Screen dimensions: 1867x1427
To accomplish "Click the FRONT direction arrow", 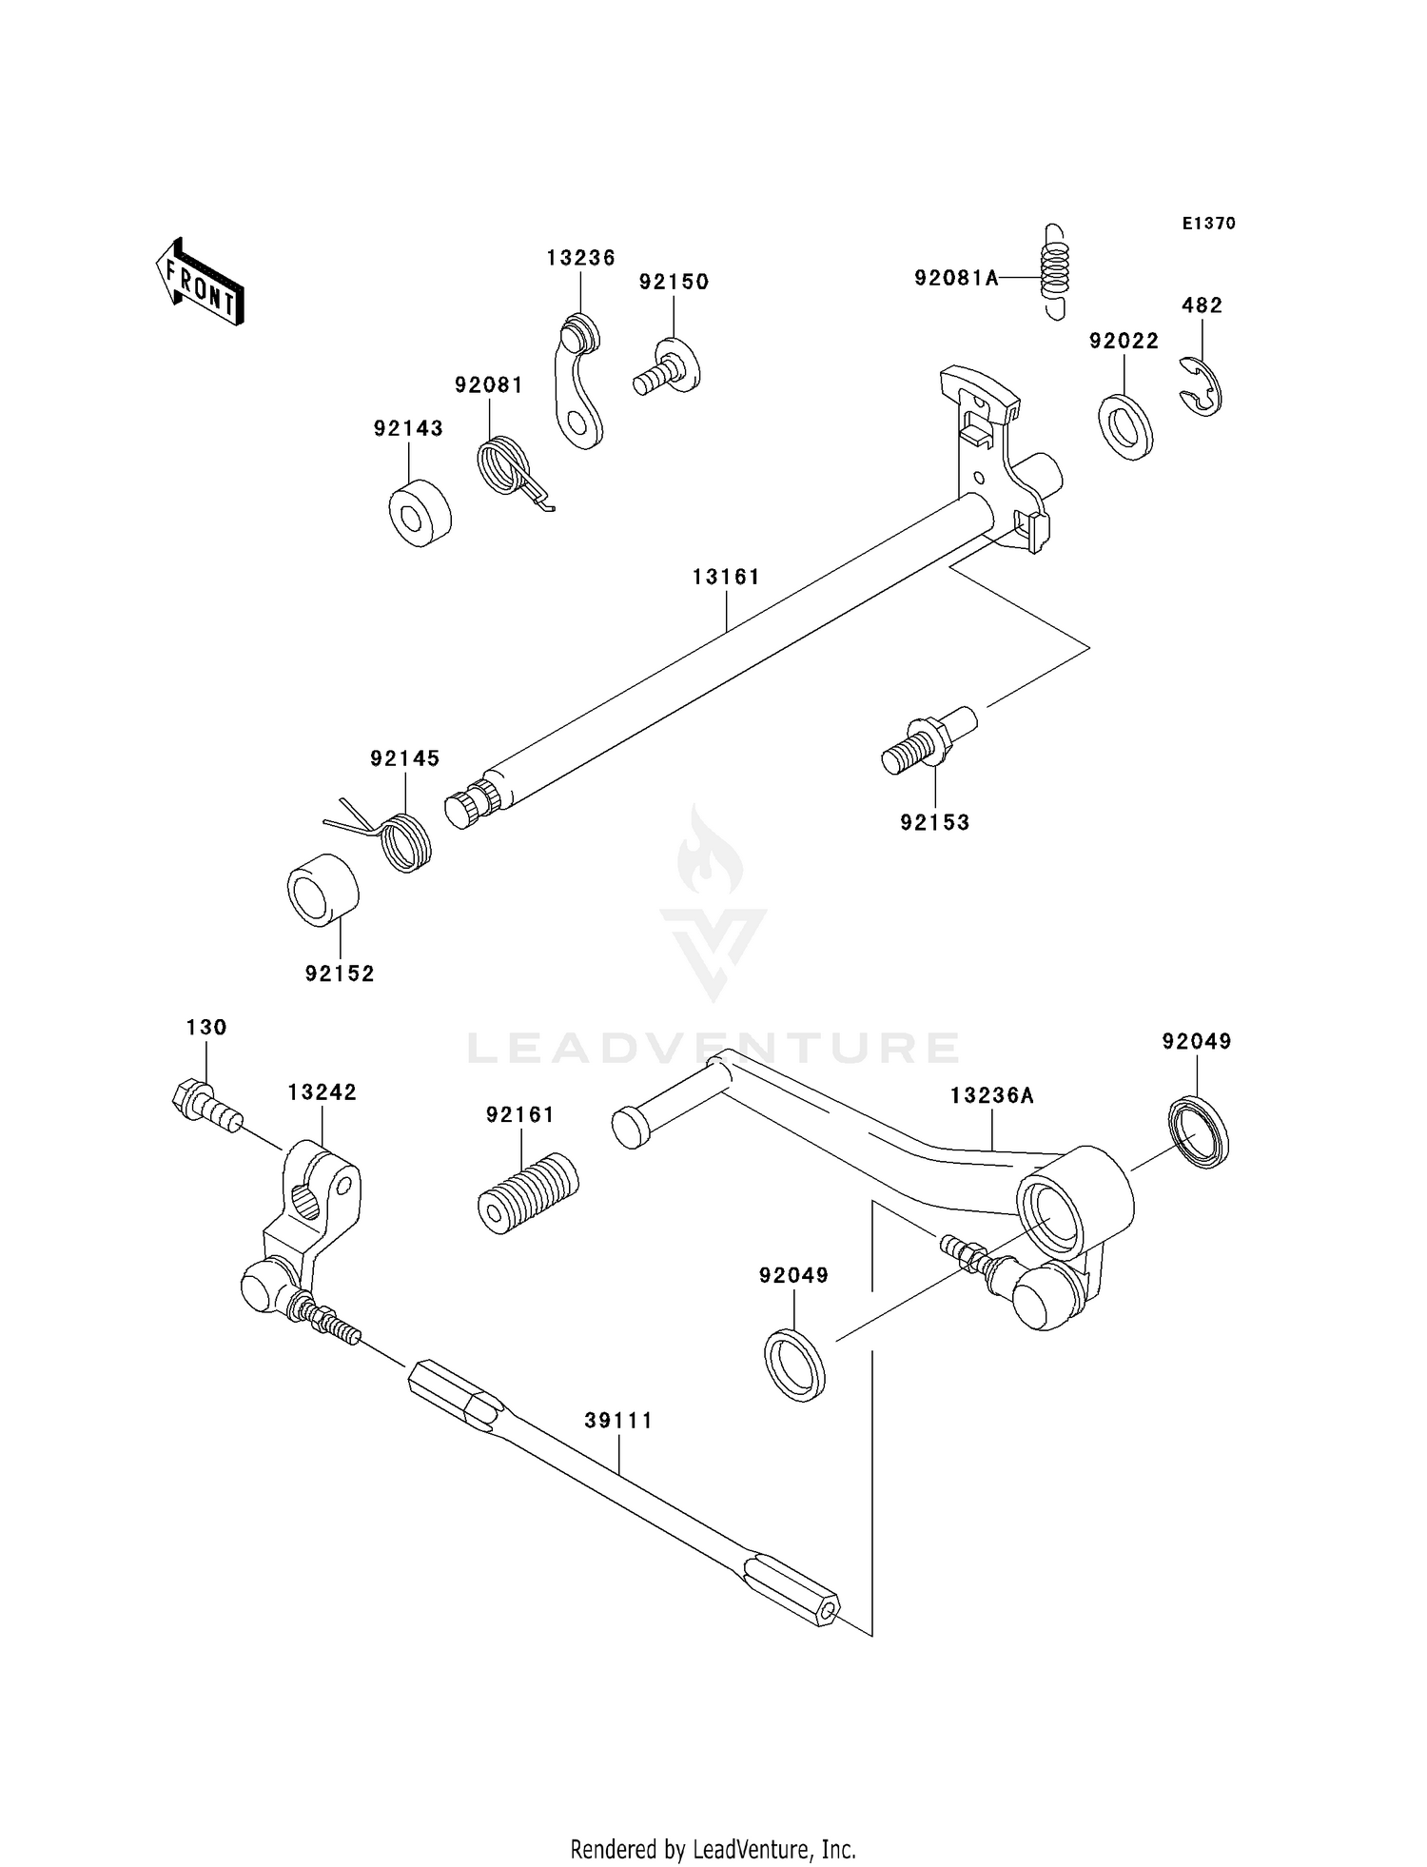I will pos(201,283).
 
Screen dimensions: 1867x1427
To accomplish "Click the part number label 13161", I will pos(726,577).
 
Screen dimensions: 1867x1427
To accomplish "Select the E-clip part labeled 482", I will pos(1203,386).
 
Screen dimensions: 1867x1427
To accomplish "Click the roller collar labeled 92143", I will pos(420,514).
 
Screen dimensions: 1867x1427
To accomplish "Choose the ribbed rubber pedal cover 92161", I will pos(528,1193).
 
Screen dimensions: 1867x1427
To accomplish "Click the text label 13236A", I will pos(991,1095).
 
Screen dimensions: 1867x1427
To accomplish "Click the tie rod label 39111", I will pos(618,1421).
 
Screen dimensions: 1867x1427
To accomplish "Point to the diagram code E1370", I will pos(1208,224).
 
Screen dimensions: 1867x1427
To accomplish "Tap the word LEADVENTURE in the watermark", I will pos(713,1048).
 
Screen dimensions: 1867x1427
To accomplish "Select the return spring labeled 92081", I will pos(506,465).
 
